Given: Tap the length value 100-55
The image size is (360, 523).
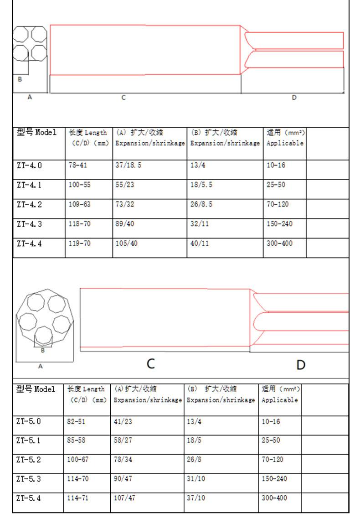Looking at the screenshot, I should click(x=80, y=185).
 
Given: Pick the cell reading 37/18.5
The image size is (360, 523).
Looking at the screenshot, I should click(x=128, y=165).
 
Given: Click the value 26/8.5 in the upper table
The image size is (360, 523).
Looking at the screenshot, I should click(x=202, y=204).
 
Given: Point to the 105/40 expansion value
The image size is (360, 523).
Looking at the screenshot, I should click(x=126, y=243).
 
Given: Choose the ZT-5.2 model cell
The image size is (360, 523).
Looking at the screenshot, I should click(x=28, y=460).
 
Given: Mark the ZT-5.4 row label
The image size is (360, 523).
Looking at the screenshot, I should click(x=28, y=498).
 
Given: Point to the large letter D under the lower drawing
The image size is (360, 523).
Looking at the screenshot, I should click(x=301, y=365).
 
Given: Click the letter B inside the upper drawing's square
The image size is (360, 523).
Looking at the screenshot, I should click(x=20, y=79).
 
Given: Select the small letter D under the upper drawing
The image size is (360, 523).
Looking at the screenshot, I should click(x=294, y=97).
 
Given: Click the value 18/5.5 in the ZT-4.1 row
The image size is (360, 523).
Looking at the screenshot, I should click(x=202, y=185).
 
